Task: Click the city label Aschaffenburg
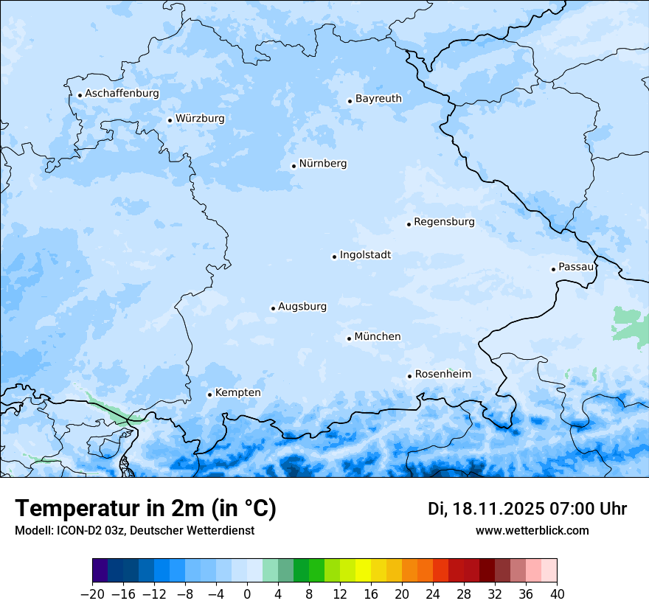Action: pos(122,94)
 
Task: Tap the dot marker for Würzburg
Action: pos(170,120)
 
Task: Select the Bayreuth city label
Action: pos(378,99)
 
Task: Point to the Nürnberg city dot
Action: pos(294,166)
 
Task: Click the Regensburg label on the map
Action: pos(444,222)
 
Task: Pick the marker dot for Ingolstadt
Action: pos(334,257)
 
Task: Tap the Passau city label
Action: pos(575,267)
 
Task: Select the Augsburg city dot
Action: pos(273,308)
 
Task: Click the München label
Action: pos(378,337)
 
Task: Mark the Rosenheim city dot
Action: pos(409,377)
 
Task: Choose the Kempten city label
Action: pos(237,393)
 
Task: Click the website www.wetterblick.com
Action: pos(532,531)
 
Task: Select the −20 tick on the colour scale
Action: pos(93,594)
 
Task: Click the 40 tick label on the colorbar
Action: pos(557,594)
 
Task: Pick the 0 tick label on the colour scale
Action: pos(247,594)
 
